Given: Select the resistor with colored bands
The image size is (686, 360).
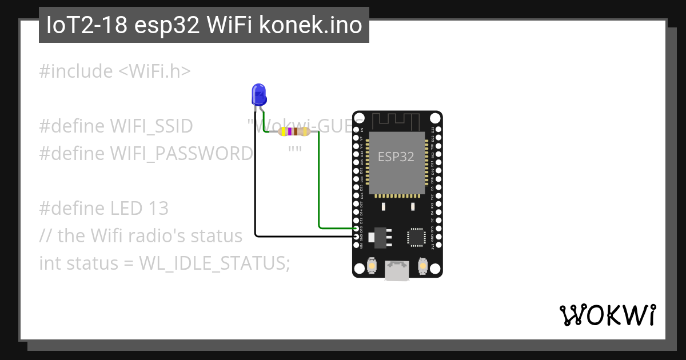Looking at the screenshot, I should click(294, 132).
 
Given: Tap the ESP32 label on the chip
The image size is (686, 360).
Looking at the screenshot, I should click(396, 157).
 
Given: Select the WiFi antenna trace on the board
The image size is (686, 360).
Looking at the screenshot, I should click(396, 121).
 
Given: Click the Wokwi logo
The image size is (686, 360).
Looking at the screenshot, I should click(607, 315).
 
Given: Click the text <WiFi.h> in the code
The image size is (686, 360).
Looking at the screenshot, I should click(154, 71).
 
